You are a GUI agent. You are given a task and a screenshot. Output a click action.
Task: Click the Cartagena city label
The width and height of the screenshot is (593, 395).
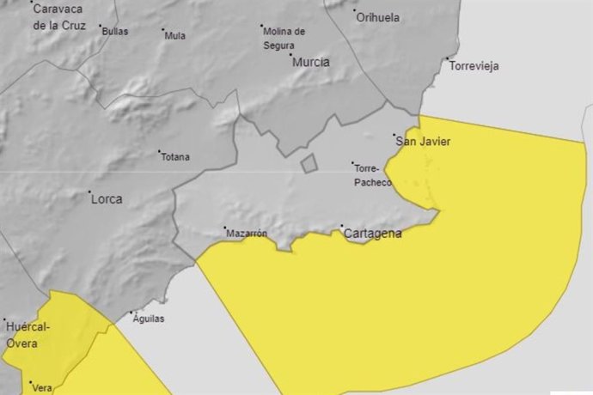tap(372, 233)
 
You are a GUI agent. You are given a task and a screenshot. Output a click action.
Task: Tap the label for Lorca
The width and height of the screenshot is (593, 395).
tap(106, 199)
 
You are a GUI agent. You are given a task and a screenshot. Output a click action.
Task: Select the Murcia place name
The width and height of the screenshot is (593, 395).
tap(310, 62)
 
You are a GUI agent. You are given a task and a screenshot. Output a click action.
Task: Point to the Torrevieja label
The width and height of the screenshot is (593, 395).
tap(474, 66)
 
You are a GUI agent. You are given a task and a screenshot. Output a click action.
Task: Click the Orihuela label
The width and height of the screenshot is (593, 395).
tap(378, 16)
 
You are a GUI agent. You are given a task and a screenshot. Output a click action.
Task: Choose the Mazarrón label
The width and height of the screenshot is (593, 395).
tap(247, 234)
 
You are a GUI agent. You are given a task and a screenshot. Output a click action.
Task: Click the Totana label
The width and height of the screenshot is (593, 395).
tap(175, 157)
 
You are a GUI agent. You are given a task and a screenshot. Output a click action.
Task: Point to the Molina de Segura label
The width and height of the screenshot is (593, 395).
tap(284, 37)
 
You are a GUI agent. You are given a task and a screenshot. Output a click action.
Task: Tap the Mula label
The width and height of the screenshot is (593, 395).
tap(175, 36)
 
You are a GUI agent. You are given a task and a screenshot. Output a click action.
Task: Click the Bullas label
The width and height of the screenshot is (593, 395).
tap(114, 32)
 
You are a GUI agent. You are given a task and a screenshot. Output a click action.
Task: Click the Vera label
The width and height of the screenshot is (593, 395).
tap(42, 388)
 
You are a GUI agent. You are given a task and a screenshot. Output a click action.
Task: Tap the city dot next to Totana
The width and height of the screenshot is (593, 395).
tap(160, 154)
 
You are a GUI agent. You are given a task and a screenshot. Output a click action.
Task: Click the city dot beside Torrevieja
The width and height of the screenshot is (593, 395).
tap(447, 59)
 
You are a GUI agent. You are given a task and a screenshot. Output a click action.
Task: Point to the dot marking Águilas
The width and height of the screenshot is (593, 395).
tap(131, 313)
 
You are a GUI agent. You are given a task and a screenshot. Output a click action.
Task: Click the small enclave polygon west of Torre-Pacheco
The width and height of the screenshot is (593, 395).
tap(309, 163)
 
